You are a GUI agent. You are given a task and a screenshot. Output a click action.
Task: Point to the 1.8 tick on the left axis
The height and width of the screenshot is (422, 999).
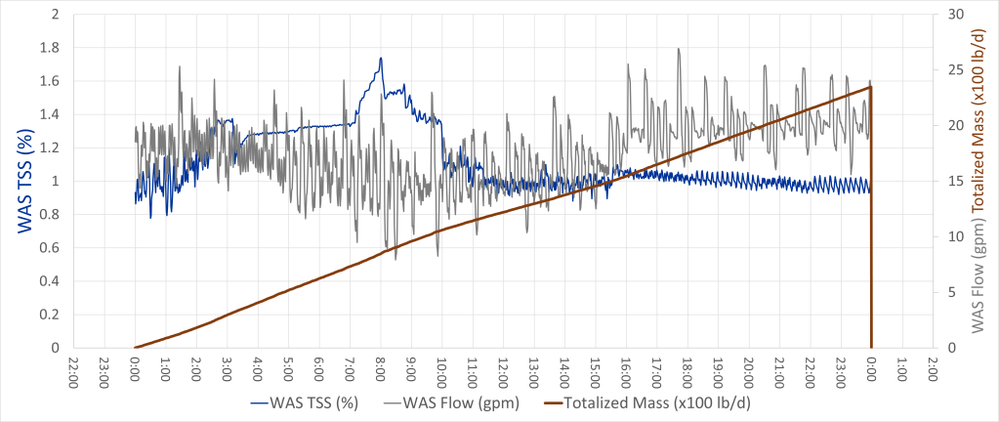pos(48,48)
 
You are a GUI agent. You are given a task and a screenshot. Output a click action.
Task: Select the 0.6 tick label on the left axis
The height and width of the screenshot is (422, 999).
pos(48,248)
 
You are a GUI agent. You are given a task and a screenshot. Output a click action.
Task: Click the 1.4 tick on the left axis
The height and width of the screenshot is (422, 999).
pos(48,114)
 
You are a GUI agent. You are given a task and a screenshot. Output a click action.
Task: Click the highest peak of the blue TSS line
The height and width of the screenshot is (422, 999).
pos(380,59)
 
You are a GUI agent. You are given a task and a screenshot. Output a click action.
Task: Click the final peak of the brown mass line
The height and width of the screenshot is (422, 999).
pos(869,87)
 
